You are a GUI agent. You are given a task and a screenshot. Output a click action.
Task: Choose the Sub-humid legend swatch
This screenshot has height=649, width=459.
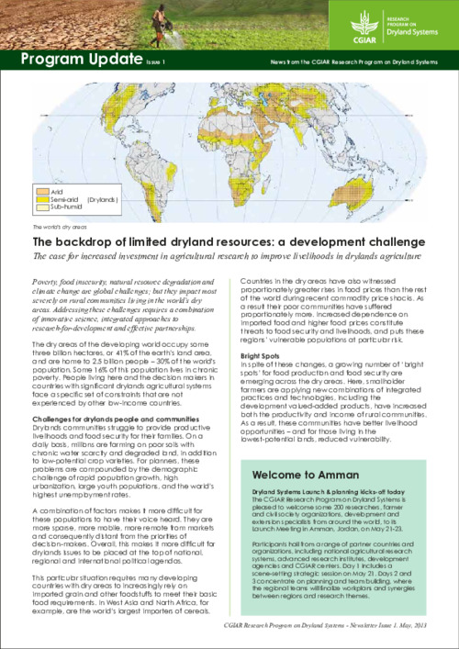(x=41, y=207)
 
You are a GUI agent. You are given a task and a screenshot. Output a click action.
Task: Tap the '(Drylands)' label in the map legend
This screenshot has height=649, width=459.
(x=105, y=198)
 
